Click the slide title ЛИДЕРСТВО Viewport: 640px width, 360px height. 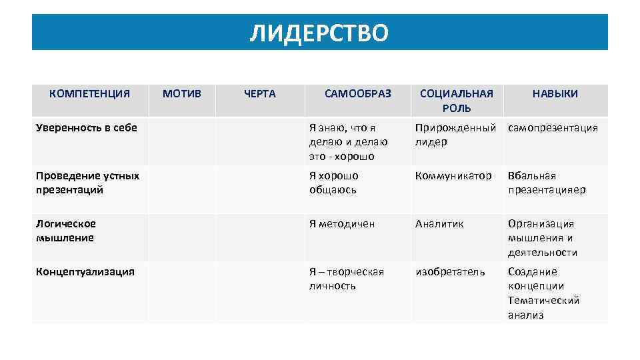click(x=319, y=32)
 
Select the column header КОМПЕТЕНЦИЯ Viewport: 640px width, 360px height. click(x=89, y=94)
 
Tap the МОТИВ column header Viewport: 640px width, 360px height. click(x=181, y=94)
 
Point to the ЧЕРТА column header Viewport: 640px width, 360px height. click(x=259, y=94)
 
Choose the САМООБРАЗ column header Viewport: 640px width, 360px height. click(x=358, y=94)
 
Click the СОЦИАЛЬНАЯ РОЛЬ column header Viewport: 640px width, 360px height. click(x=456, y=101)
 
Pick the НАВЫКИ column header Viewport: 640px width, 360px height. click(x=555, y=94)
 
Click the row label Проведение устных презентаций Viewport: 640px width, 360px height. click(x=87, y=183)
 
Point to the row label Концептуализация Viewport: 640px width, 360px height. click(x=85, y=271)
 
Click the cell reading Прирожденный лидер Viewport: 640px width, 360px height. click(x=455, y=135)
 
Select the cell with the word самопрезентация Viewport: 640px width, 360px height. click(x=553, y=128)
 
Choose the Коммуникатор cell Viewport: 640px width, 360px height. click(x=453, y=176)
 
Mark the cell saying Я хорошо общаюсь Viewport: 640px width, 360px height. click(x=334, y=183)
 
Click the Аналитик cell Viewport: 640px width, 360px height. click(x=439, y=224)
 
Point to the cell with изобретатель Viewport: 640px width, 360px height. click(x=450, y=272)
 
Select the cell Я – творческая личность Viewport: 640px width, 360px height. click(x=347, y=279)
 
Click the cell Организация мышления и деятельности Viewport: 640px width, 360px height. click(x=543, y=238)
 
